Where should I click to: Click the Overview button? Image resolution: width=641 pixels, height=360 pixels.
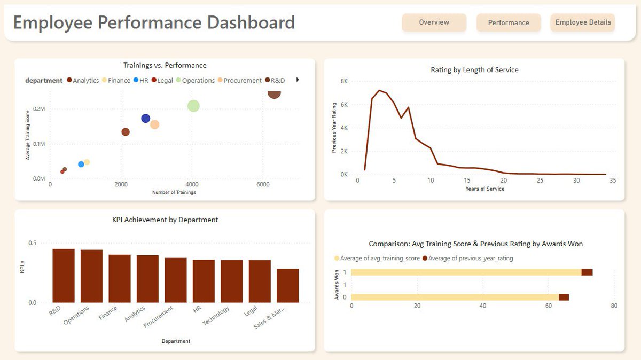[x=434, y=22]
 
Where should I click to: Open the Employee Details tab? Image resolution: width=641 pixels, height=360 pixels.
[x=583, y=22]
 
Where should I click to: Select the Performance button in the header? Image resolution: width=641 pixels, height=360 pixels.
[x=509, y=22]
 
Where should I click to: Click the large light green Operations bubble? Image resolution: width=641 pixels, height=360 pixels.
[x=193, y=106]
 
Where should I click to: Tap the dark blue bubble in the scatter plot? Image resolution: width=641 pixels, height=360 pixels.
[x=145, y=118]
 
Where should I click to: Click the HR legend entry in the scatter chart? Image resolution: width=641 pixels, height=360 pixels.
[x=140, y=81]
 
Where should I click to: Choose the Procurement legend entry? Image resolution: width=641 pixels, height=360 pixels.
[x=239, y=81]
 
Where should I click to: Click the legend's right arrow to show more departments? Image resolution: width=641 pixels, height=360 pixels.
[x=298, y=80]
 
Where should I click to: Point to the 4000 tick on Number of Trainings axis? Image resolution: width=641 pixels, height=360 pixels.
[x=192, y=184]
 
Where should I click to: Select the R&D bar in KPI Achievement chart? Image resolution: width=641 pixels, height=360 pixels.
[x=64, y=276]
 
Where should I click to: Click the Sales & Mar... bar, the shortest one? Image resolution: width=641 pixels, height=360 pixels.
[x=287, y=285]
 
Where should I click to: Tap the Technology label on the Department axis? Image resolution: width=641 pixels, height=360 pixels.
[x=217, y=316]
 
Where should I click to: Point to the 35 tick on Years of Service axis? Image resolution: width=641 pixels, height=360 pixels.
[x=612, y=181]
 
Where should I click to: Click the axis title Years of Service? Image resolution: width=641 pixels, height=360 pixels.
[x=484, y=189]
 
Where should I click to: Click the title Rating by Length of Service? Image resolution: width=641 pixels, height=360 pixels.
[x=474, y=70]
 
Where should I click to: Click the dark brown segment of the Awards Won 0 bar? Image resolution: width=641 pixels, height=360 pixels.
[x=564, y=298]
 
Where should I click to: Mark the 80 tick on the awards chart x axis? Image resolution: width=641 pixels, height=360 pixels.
[x=614, y=306]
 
